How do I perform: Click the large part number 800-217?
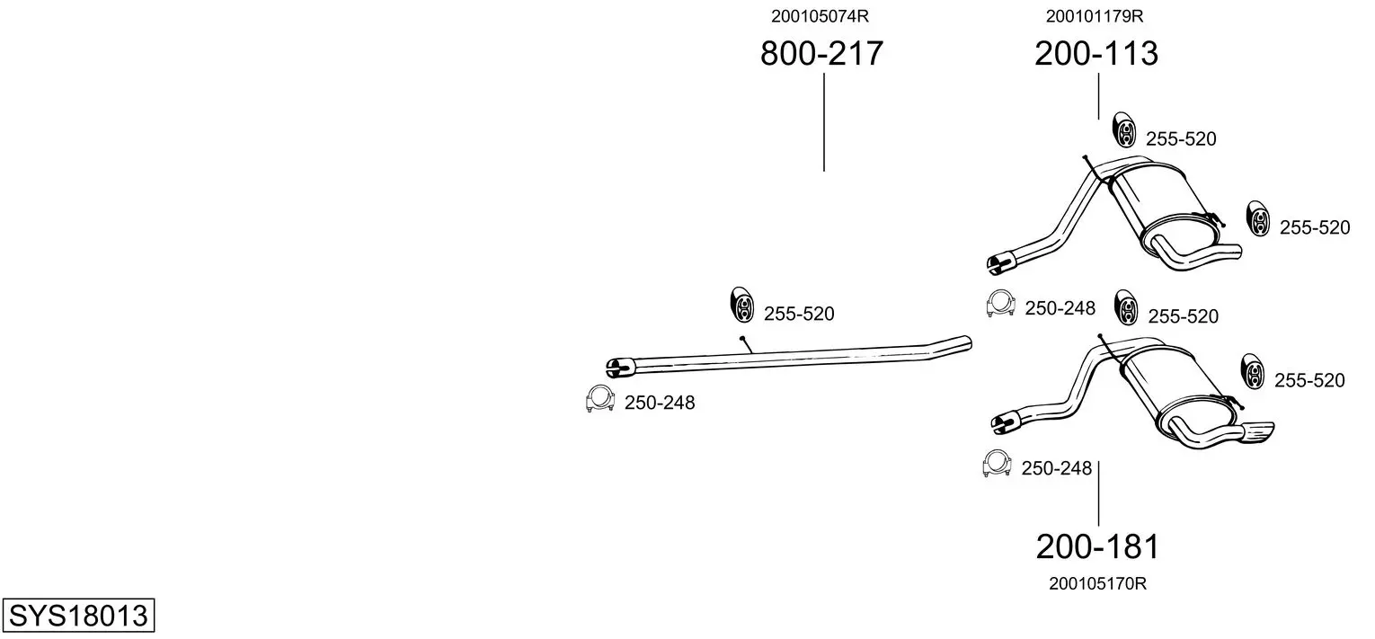(821, 53)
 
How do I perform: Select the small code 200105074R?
(821, 16)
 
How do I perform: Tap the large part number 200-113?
(1096, 53)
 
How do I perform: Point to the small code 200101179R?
(1095, 16)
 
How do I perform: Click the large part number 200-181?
(1097, 546)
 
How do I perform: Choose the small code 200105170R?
(1097, 584)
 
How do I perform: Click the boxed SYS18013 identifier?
(78, 615)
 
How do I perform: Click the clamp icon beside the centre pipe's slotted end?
(599, 399)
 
